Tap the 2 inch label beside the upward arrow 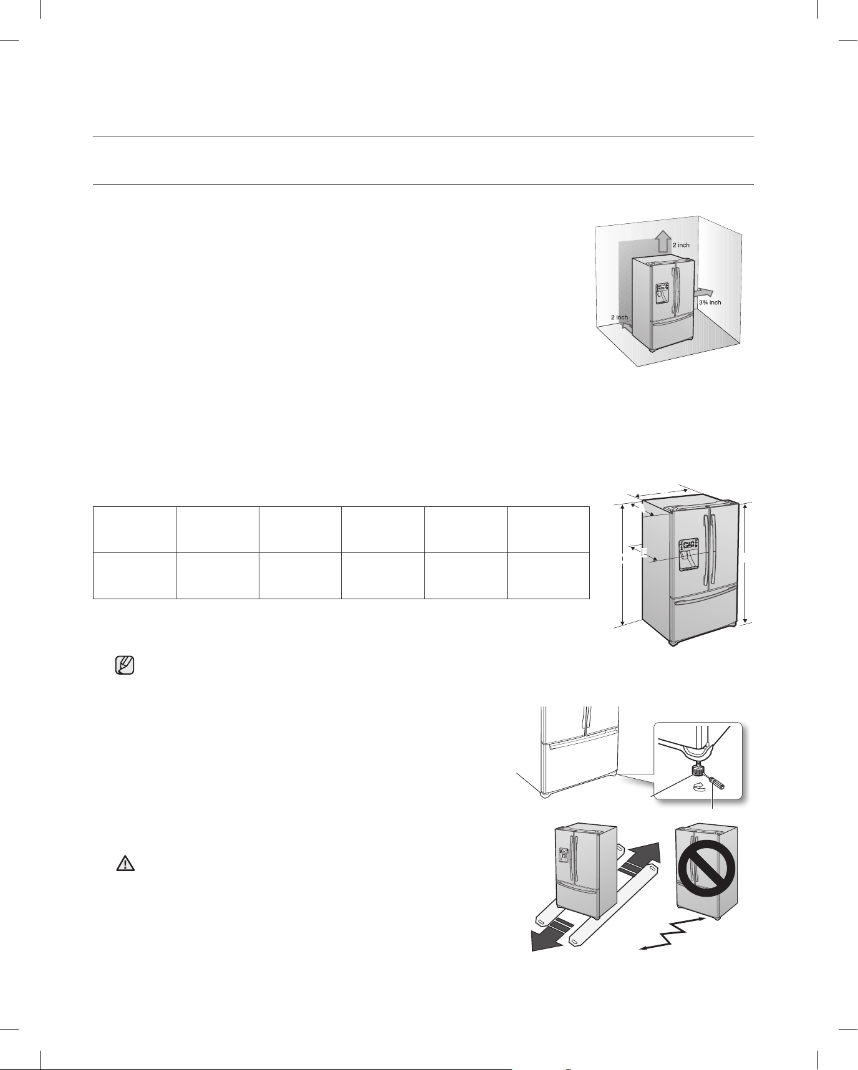(x=681, y=245)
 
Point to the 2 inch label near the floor (x=619, y=317)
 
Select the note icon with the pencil (x=125, y=666)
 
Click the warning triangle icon (x=125, y=863)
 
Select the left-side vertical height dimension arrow (x=623, y=566)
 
